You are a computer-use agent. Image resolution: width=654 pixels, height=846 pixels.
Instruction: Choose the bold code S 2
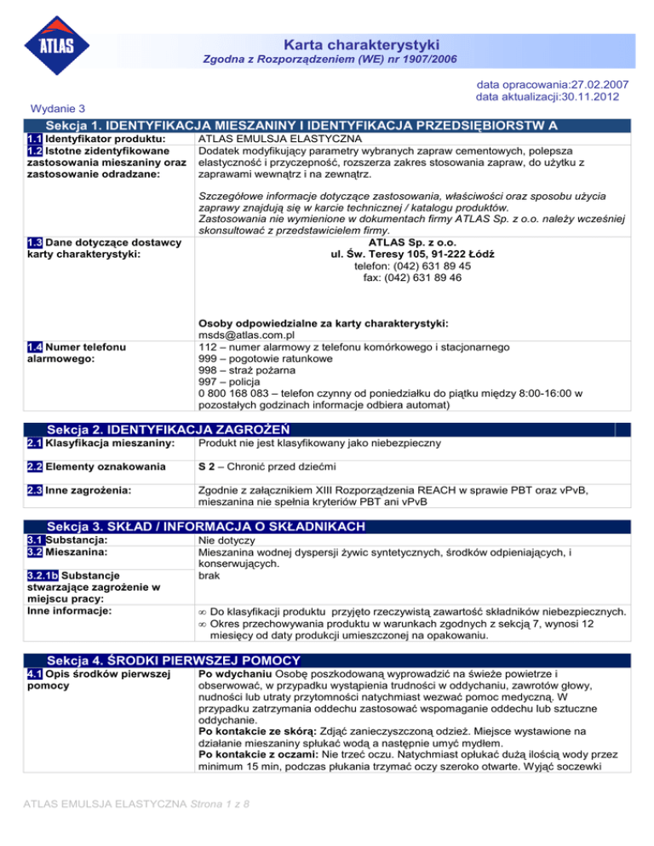(209, 467)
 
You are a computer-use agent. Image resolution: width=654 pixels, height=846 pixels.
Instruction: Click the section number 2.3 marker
(35, 492)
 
